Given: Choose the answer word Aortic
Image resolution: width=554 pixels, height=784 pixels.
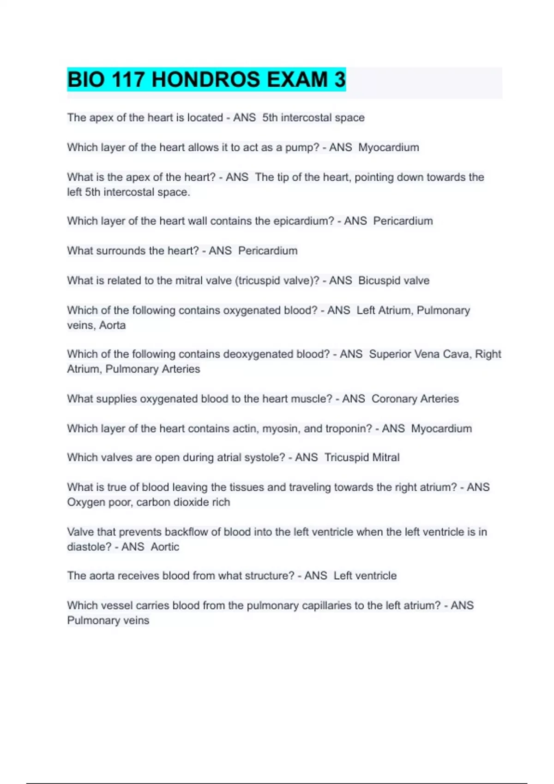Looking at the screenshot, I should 165,547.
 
